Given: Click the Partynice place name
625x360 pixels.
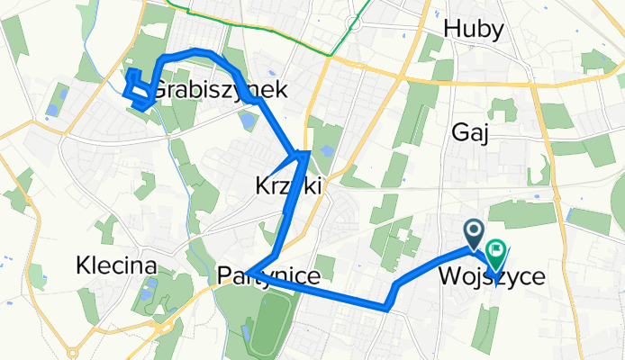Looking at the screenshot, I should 269,276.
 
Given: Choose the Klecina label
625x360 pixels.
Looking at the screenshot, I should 116,266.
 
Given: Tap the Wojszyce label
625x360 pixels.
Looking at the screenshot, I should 492,276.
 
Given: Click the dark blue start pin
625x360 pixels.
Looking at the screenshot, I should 474,232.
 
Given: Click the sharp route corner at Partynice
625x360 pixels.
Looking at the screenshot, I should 252,272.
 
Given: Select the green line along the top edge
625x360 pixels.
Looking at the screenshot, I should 270,29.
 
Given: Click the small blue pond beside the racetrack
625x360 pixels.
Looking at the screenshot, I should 246,333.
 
